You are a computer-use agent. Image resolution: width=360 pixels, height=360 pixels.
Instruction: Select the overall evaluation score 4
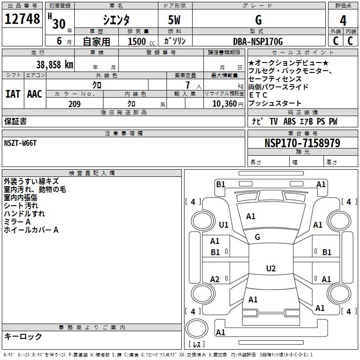point(343,20)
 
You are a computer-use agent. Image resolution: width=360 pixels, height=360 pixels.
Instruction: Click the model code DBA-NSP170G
point(258,41)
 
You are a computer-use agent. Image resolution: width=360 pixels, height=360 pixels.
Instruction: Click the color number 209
point(74,104)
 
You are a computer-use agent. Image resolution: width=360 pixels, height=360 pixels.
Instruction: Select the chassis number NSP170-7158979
point(302,143)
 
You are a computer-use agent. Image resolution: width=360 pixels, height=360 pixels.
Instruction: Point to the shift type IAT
point(13,94)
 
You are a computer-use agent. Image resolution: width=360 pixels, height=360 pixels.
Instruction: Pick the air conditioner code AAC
point(35,94)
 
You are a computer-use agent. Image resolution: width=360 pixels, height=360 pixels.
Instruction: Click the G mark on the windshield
point(257,237)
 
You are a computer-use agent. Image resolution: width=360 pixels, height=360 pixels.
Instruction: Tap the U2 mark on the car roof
point(270,269)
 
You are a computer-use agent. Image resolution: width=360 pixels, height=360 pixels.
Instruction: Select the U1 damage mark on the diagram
point(224,225)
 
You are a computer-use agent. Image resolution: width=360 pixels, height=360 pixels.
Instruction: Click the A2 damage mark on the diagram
point(215,279)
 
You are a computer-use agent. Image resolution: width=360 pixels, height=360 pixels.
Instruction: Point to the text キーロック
point(23,336)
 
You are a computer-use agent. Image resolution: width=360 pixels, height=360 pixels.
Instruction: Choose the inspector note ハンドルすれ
point(24,214)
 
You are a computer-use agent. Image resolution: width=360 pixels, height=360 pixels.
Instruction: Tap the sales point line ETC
point(258,95)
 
